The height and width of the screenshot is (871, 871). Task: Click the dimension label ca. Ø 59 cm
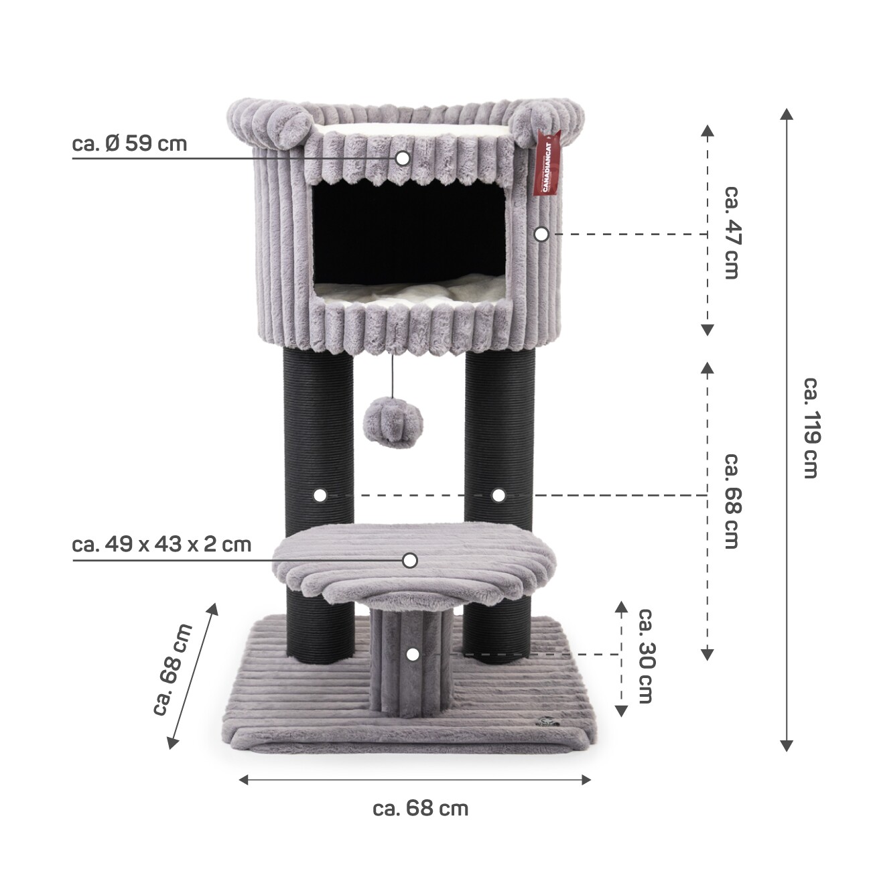pyautogui.click(x=129, y=144)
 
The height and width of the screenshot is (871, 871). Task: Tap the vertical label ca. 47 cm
pyautogui.click(x=731, y=231)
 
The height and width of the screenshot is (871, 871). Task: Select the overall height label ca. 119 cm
pyautogui.click(x=811, y=427)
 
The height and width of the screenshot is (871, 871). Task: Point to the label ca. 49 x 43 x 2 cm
pyautogui.click(x=161, y=545)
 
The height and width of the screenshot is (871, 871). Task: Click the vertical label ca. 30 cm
pyautogui.click(x=645, y=655)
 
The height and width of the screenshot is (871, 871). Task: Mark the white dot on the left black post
pyautogui.click(x=320, y=495)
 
